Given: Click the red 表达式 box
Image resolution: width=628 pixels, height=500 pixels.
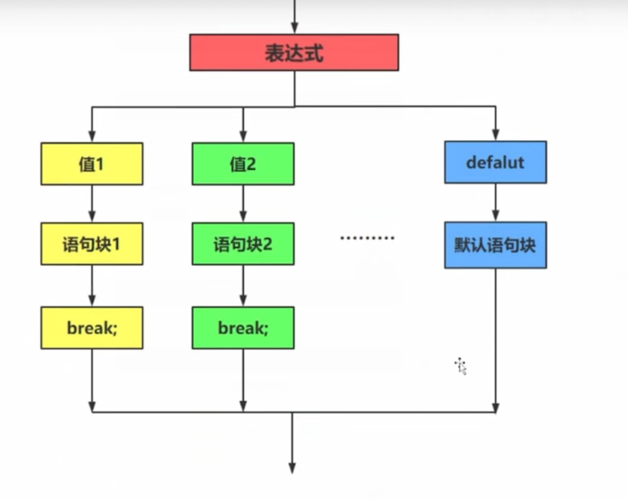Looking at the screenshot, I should tap(294, 52).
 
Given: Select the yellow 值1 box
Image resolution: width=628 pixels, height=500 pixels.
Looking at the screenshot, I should tap(92, 164).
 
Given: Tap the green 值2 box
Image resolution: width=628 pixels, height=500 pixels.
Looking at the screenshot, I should tap(243, 164).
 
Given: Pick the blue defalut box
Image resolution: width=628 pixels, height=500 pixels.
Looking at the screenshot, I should tap(495, 162).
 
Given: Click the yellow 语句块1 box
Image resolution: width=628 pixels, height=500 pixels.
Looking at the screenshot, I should tap(92, 243).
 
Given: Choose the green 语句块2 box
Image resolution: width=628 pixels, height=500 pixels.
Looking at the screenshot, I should tap(243, 243).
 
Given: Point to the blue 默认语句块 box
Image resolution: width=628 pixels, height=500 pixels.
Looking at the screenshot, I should tap(495, 245).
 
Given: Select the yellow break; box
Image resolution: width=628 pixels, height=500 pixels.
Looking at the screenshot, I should tap(92, 328).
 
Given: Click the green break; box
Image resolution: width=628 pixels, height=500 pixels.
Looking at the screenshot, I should tap(243, 328).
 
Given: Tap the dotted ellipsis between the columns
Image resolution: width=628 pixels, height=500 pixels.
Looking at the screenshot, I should tap(367, 238).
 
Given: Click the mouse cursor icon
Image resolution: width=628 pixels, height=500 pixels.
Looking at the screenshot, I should tap(461, 366).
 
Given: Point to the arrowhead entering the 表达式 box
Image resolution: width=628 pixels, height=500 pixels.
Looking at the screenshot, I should tap(294, 29).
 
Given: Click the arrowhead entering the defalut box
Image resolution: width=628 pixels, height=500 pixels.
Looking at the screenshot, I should tap(495, 135).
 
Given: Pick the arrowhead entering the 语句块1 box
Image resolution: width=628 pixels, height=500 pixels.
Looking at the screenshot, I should tap(92, 217).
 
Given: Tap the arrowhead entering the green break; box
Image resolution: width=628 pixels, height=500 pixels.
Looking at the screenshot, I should tap(243, 301).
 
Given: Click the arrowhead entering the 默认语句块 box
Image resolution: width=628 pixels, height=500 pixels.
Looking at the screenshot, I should tap(495, 216).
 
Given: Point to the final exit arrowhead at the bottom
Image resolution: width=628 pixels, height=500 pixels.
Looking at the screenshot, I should tap(291, 468).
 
